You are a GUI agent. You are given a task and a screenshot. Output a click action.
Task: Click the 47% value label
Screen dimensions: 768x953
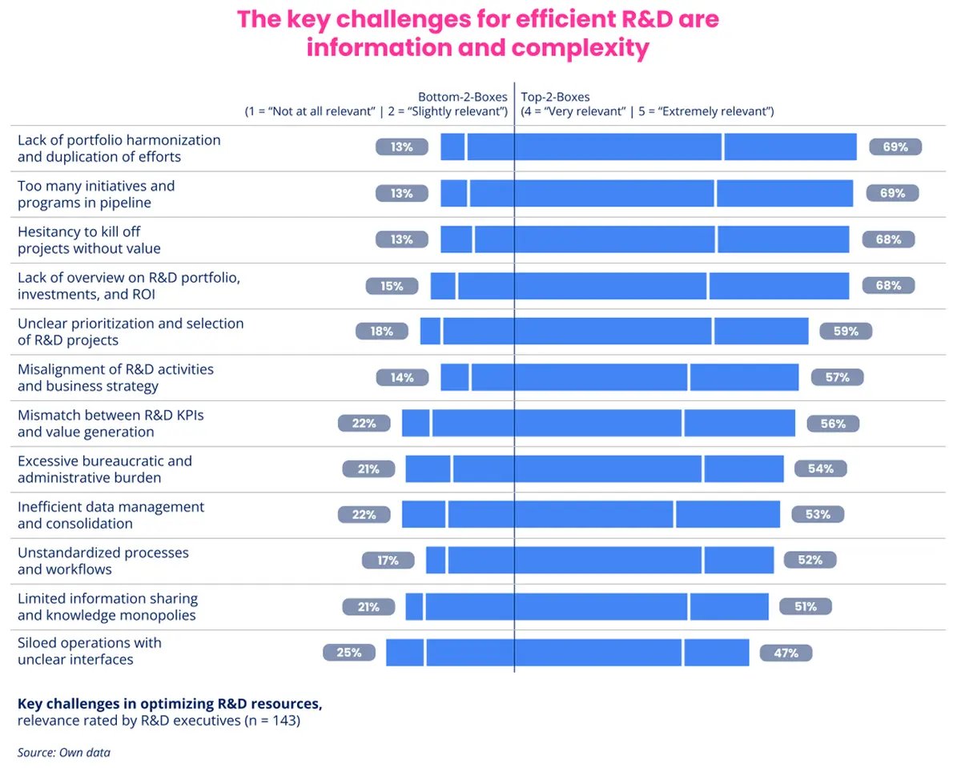coord(786,653)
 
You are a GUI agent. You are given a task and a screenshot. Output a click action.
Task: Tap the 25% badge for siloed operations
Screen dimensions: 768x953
coord(349,653)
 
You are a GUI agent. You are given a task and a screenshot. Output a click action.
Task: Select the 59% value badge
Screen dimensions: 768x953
coord(846,331)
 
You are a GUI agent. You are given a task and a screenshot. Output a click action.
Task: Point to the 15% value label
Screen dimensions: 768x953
coord(392,285)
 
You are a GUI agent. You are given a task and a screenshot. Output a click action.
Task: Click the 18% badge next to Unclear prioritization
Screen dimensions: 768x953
coord(382,331)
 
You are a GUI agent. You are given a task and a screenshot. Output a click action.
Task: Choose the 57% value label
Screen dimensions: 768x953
coord(837,377)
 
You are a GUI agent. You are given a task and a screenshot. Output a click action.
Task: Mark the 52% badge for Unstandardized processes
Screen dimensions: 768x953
coord(810,560)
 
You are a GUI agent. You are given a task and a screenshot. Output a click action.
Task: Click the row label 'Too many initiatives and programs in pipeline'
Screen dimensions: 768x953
coord(96,194)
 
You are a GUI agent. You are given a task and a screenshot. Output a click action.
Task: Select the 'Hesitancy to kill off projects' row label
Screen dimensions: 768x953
coord(89,239)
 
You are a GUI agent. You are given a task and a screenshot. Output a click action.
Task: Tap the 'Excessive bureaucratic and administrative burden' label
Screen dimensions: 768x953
coord(104,469)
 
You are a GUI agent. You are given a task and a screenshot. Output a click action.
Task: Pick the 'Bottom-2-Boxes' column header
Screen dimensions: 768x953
coord(462,97)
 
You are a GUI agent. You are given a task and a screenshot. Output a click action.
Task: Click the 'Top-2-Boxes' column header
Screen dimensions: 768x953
coord(556,97)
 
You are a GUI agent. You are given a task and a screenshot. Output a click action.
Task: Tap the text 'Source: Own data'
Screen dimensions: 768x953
coord(64,752)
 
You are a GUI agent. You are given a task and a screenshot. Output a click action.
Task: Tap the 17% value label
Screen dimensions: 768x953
coord(388,560)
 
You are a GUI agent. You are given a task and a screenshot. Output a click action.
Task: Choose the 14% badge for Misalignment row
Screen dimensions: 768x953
coord(402,377)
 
